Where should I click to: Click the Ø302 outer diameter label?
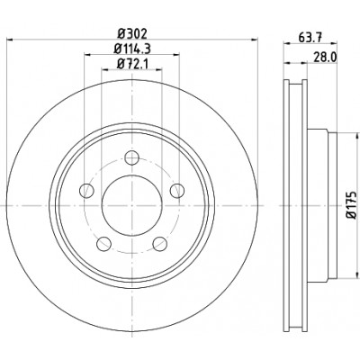(132, 33)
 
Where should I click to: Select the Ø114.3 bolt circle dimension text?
(132, 49)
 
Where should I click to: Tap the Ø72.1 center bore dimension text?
(132, 63)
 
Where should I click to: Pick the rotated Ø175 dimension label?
(352, 204)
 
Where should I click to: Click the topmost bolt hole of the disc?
(131, 157)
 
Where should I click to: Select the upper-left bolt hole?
(86, 190)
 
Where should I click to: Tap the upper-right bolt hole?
(177, 190)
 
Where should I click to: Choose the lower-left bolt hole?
(103, 243)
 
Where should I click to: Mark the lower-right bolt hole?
(159, 243)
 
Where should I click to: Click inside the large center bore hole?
(132, 205)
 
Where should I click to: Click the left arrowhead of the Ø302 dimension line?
(10, 40)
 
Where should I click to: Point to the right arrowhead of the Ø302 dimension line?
(254, 40)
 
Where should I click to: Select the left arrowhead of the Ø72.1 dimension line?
(105, 69)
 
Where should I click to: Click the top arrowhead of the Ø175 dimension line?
(357, 136)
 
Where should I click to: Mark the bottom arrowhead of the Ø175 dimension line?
(357, 274)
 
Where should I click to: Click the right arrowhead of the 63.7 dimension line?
(334, 44)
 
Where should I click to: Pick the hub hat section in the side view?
(322, 205)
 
